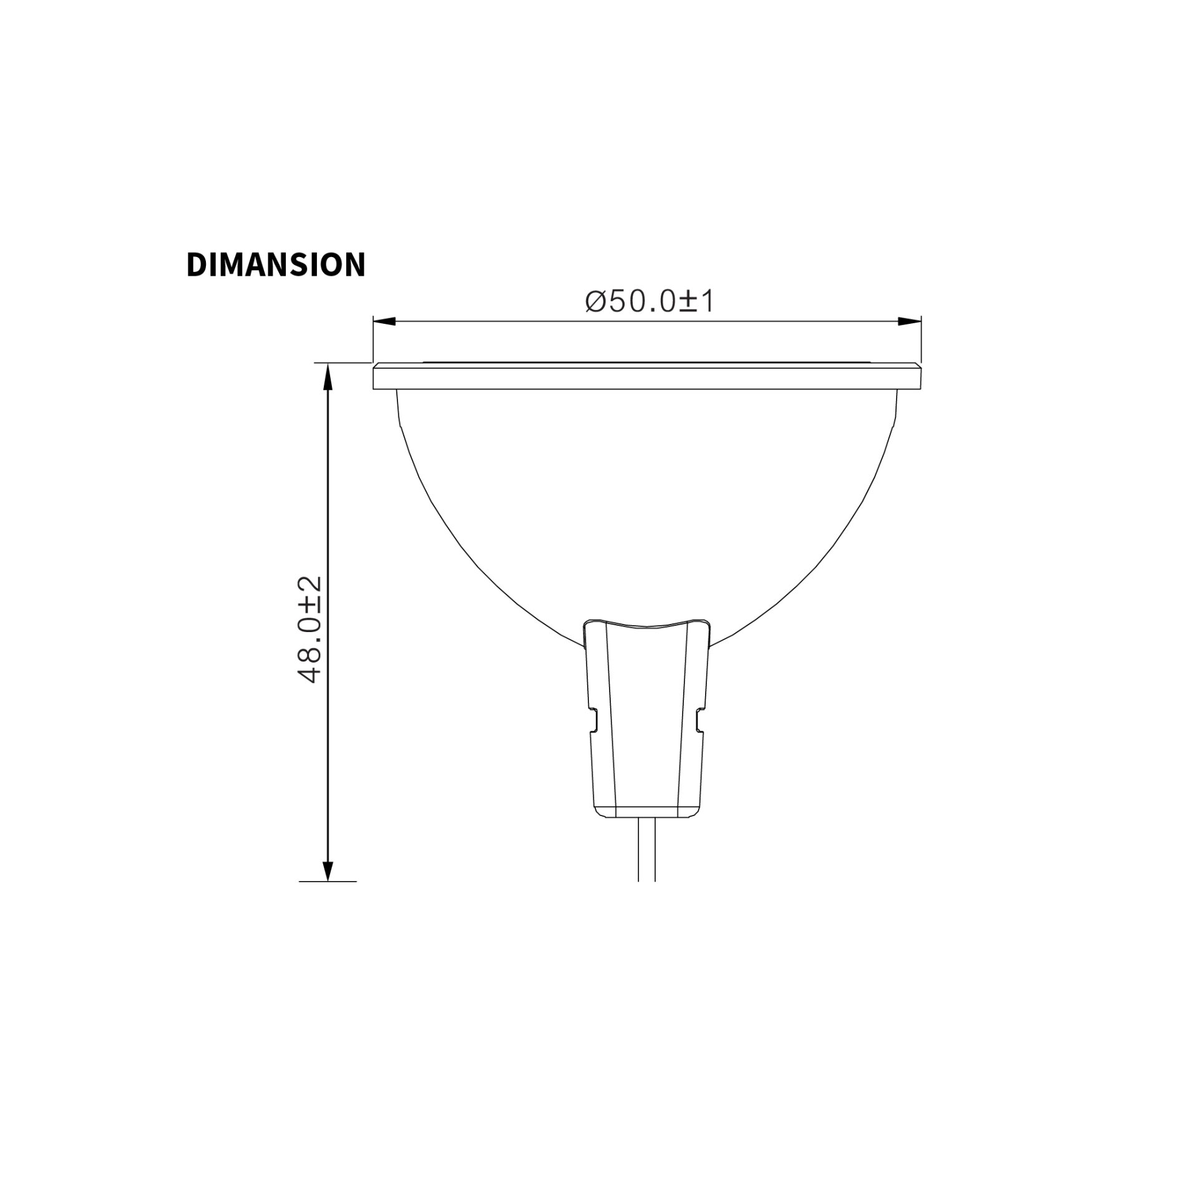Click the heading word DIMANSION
click(276, 265)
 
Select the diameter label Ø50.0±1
click(650, 302)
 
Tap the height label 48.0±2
click(310, 629)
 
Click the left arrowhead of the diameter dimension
click(384, 321)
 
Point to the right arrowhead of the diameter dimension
click(910, 321)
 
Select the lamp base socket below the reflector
click(647, 718)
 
